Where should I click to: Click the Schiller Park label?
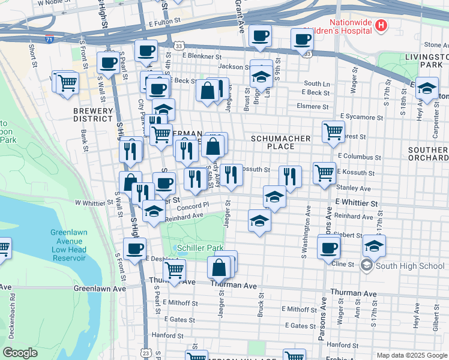pos(199,248)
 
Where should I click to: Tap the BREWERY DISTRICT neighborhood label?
pos(93,115)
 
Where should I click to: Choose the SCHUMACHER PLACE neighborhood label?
pos(280,142)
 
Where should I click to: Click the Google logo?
pos(20,353)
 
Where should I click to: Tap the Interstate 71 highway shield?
pos(49,40)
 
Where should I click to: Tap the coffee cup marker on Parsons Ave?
pos(328,247)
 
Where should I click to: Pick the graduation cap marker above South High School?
pos(374,245)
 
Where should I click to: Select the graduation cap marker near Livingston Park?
pos(426,88)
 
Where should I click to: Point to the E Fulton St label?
pos(164,21)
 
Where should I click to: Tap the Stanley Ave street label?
pos(357,188)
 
